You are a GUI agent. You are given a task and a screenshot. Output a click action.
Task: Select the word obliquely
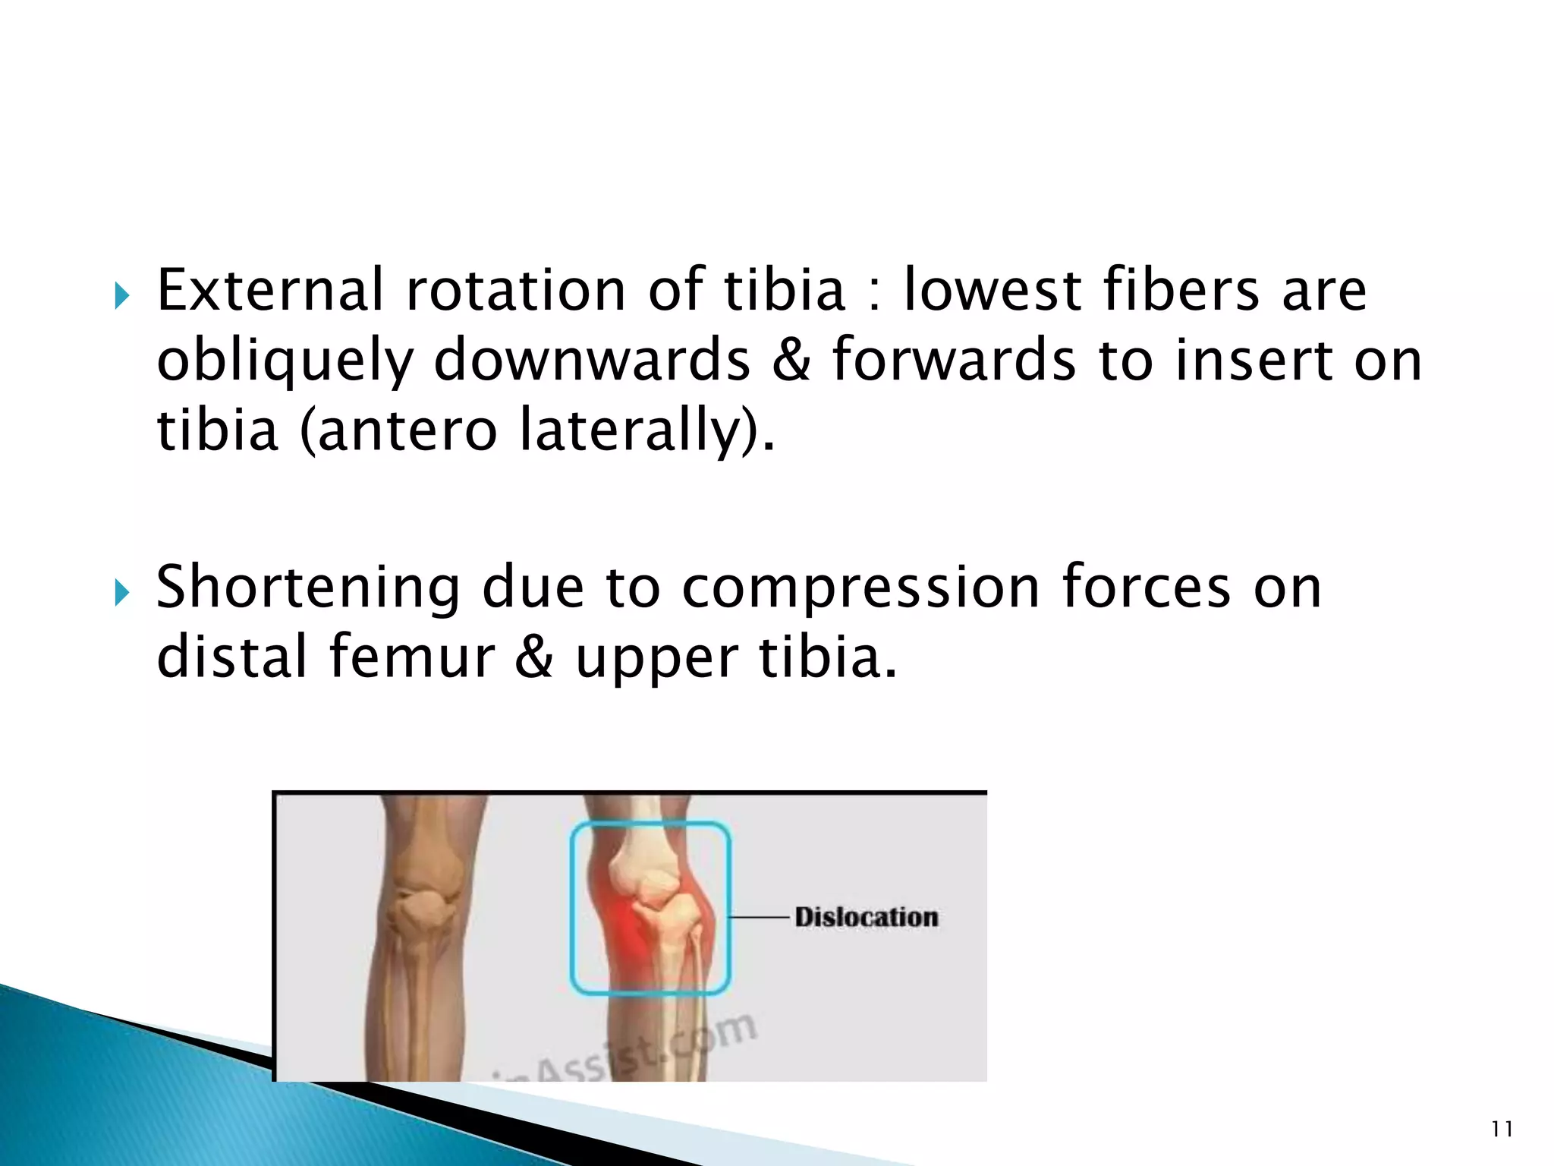[x=284, y=361]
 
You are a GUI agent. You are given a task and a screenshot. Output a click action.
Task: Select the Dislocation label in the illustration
[x=866, y=917]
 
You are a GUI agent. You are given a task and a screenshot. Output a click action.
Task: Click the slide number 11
[x=1502, y=1130]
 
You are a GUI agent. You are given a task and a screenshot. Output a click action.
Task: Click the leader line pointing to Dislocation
[x=760, y=917]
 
